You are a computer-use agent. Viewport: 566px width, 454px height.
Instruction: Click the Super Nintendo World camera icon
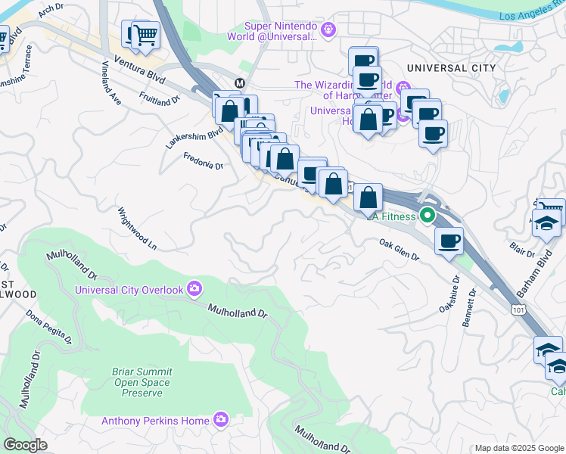[x=328, y=30]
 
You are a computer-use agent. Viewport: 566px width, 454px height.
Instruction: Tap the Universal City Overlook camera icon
[x=194, y=288]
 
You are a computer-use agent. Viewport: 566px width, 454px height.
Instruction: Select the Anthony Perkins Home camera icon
[x=221, y=418]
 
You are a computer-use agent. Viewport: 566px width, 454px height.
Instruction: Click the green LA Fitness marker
[x=428, y=216]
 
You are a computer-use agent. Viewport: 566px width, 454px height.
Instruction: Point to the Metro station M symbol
[x=239, y=82]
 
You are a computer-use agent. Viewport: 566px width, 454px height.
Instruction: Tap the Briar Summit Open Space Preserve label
[x=132, y=382]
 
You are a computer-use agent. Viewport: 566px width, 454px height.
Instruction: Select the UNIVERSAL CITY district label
[x=451, y=68]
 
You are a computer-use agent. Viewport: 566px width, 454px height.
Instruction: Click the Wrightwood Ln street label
[x=137, y=229]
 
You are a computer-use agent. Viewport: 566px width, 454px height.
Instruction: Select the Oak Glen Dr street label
[x=399, y=250]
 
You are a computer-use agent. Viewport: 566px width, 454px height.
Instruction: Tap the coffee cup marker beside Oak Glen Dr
[x=449, y=241]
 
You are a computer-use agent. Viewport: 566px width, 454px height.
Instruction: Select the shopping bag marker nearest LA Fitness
[x=368, y=198]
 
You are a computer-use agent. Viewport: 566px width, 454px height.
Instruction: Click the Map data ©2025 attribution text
[x=519, y=448]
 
